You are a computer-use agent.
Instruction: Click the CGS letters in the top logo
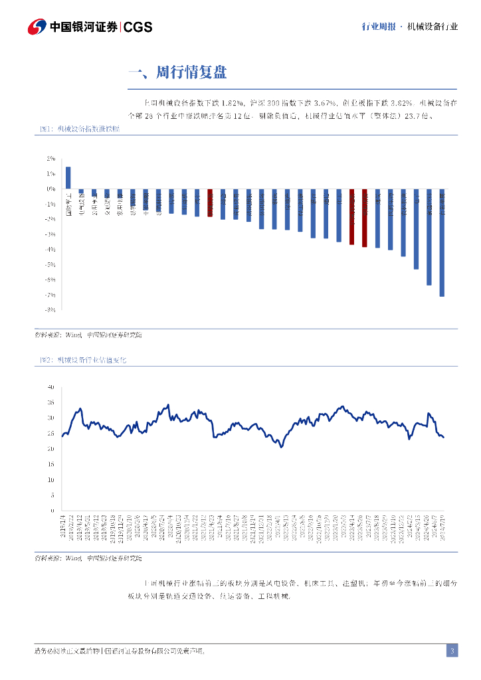click(x=138, y=27)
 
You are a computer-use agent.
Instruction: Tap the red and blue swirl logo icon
click(x=36, y=27)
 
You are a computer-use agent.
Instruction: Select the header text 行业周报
click(x=378, y=27)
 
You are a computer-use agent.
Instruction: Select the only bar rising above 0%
click(x=68, y=178)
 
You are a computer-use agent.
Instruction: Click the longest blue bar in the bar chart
click(x=442, y=242)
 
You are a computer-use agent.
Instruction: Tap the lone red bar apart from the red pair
click(x=210, y=203)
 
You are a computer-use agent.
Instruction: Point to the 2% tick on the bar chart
click(x=51, y=159)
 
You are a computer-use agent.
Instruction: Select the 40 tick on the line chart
click(x=50, y=386)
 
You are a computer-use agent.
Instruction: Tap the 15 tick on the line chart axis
click(x=50, y=464)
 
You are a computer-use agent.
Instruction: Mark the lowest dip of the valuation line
click(x=282, y=447)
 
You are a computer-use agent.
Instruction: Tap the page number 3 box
click(x=452, y=651)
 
